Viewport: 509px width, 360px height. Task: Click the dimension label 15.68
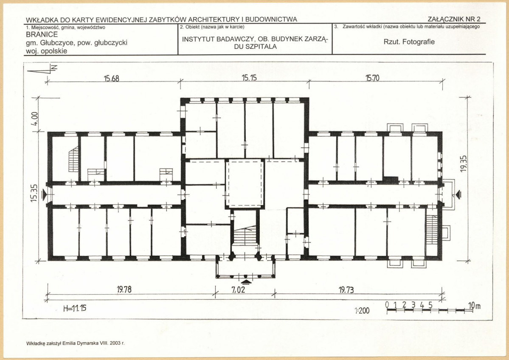[x=111, y=79]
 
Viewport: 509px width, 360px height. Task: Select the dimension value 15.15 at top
[x=249, y=78]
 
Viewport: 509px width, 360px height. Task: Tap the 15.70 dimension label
[x=372, y=78]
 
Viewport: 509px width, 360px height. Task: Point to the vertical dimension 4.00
[x=35, y=119]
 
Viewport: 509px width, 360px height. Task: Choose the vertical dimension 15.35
[x=34, y=193]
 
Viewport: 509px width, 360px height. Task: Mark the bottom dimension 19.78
[x=124, y=289]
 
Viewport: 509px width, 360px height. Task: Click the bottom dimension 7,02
[x=238, y=290]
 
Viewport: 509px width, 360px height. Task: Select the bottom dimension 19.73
[x=346, y=290]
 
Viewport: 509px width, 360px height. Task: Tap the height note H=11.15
[x=75, y=308]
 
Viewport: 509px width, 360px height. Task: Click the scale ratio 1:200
[x=362, y=311]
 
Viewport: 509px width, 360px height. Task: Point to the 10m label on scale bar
[x=474, y=306]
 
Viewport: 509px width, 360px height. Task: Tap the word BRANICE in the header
[x=42, y=34]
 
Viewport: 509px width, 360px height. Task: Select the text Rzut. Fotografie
[x=409, y=42]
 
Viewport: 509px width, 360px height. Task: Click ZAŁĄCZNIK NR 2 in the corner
[x=454, y=19]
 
